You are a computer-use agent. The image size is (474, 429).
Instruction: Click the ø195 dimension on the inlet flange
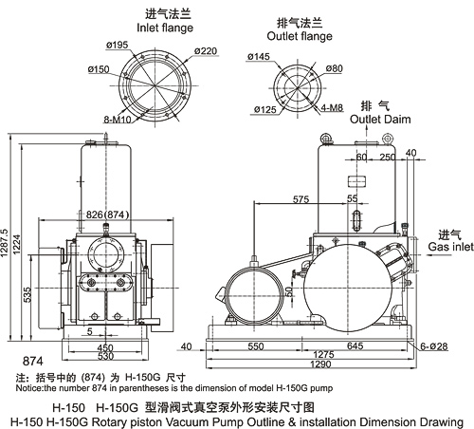tap(117, 46)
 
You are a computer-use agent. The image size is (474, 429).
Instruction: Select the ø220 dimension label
tap(206, 51)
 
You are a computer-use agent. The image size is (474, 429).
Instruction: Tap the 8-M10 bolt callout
tap(118, 120)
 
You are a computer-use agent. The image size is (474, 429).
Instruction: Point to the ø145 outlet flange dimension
tap(259, 57)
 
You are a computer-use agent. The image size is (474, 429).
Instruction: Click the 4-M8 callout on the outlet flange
tap(332, 107)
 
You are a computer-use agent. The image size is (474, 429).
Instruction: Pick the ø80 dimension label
tap(334, 68)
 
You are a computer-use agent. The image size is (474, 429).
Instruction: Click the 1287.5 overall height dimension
tap(5, 243)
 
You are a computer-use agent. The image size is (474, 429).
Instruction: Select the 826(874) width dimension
tap(107, 214)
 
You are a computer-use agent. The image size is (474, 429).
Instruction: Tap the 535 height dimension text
tap(27, 294)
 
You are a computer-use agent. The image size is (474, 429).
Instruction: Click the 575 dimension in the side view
tap(301, 199)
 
